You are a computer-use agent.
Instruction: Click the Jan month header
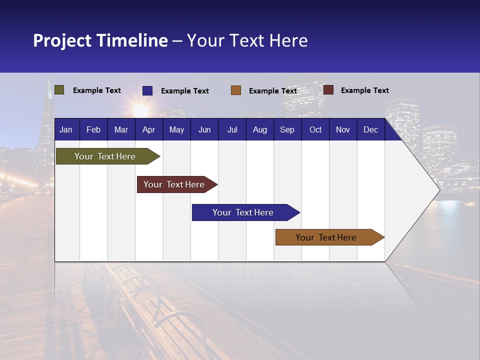pos(66,130)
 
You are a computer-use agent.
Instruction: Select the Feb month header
pos(93,130)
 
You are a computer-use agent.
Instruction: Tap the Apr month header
pos(148,130)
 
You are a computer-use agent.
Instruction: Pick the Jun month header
pos(204,130)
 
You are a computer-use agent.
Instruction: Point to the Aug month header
pos(259,130)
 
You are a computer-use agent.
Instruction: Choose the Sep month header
pos(287,130)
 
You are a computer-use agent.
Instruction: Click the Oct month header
pos(315,130)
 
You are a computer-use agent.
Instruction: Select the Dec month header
pos(370,130)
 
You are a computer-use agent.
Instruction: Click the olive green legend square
pos(59,90)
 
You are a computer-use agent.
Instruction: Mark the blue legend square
pos(147,90)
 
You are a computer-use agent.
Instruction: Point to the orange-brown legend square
pos(236,90)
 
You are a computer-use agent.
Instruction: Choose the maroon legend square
pos(328,90)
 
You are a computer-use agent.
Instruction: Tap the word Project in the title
pos(63,40)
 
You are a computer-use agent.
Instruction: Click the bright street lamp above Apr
pos(141,109)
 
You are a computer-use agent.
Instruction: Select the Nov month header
pos(343,130)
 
